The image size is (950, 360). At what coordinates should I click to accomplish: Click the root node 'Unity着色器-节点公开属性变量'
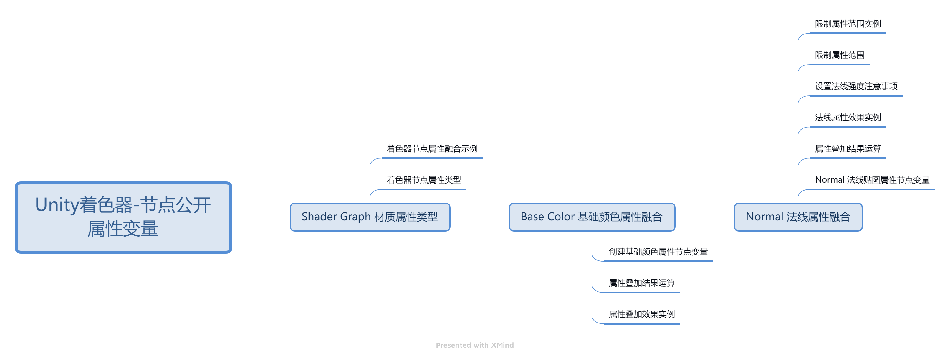[x=123, y=217]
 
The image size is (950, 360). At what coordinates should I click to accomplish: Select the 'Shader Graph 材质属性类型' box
[x=370, y=217]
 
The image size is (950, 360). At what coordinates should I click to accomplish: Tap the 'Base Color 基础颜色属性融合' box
[x=592, y=217]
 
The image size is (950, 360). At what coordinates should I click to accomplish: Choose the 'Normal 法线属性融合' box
[x=798, y=217]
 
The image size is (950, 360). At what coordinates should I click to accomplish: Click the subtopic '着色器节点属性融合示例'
[x=432, y=149]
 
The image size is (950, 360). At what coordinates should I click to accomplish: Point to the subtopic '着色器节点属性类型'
[x=424, y=180]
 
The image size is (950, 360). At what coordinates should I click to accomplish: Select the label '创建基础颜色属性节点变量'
[x=658, y=252]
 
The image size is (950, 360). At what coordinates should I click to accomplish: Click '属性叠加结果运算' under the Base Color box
[x=641, y=283]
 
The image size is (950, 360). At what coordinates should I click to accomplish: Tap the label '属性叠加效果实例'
[x=641, y=314]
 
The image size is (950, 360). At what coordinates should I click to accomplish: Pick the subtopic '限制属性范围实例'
[x=848, y=24]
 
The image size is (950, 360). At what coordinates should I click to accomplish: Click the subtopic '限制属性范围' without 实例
[x=839, y=55]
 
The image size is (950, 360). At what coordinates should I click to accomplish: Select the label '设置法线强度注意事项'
[x=856, y=86]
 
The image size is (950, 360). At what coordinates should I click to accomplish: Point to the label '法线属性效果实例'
[x=848, y=118]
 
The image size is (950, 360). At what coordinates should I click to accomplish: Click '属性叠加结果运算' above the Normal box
[x=848, y=149]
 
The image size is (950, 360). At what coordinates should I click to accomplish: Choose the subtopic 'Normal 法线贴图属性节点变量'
[x=872, y=180]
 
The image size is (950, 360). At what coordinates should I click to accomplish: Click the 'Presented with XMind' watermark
[x=475, y=345]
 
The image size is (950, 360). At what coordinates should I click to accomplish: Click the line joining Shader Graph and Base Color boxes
[x=479, y=217]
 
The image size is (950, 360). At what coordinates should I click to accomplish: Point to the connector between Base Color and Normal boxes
[x=704, y=217]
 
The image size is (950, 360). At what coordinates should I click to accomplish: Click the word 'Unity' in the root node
[x=57, y=205]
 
